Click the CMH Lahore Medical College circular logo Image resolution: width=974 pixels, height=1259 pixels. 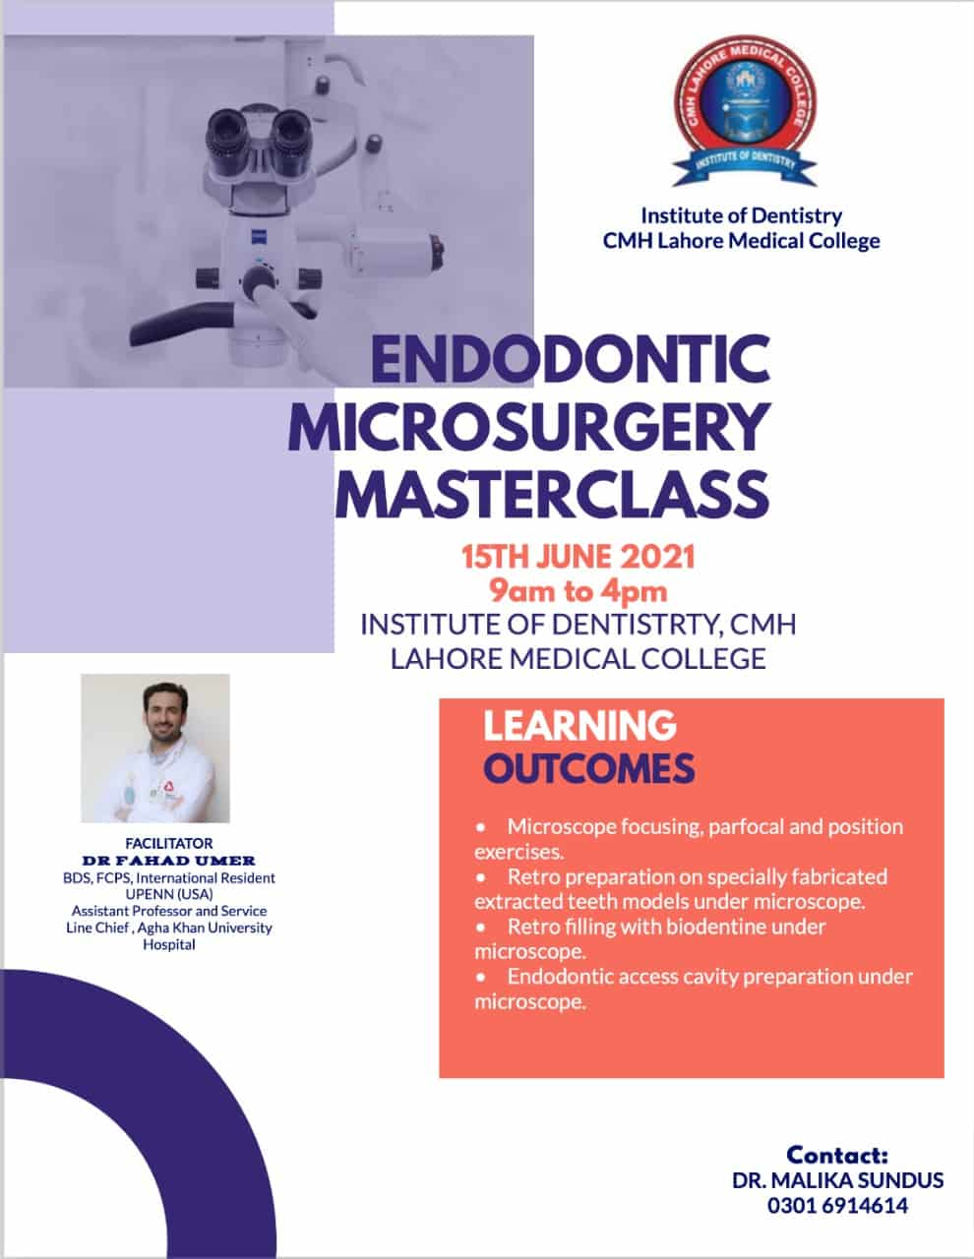[745, 110]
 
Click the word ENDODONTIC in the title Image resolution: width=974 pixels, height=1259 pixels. [571, 359]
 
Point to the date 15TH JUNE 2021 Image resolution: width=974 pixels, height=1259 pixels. [578, 557]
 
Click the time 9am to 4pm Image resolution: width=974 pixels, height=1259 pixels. [578, 591]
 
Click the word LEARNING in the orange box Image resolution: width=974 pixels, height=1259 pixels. [580, 725]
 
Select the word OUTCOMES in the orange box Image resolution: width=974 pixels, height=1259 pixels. [588, 768]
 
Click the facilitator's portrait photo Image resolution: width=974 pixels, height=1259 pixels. [155, 748]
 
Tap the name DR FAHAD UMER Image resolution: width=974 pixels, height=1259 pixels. [168, 861]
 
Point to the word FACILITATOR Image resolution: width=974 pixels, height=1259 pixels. [168, 843]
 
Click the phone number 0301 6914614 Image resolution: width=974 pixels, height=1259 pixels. [837, 1206]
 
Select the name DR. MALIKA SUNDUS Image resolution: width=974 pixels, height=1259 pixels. [837, 1180]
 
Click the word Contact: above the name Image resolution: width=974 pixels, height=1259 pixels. [837, 1155]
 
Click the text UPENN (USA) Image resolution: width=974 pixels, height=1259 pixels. [169, 894]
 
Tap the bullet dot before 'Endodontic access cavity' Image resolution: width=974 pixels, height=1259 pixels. [481, 978]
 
